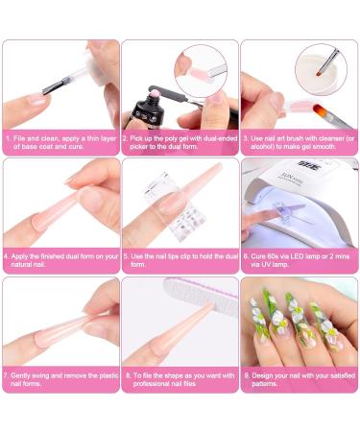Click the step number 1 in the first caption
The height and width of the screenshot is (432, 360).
click(x=8, y=139)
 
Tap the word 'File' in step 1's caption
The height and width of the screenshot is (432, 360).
click(x=19, y=139)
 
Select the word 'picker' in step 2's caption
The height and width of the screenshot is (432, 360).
click(x=139, y=147)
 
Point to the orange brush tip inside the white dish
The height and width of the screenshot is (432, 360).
click(x=319, y=73)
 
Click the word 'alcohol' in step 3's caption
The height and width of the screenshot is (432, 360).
click(x=261, y=147)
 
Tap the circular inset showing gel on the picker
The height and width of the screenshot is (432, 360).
click(x=201, y=71)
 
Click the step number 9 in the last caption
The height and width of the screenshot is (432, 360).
click(x=246, y=375)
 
